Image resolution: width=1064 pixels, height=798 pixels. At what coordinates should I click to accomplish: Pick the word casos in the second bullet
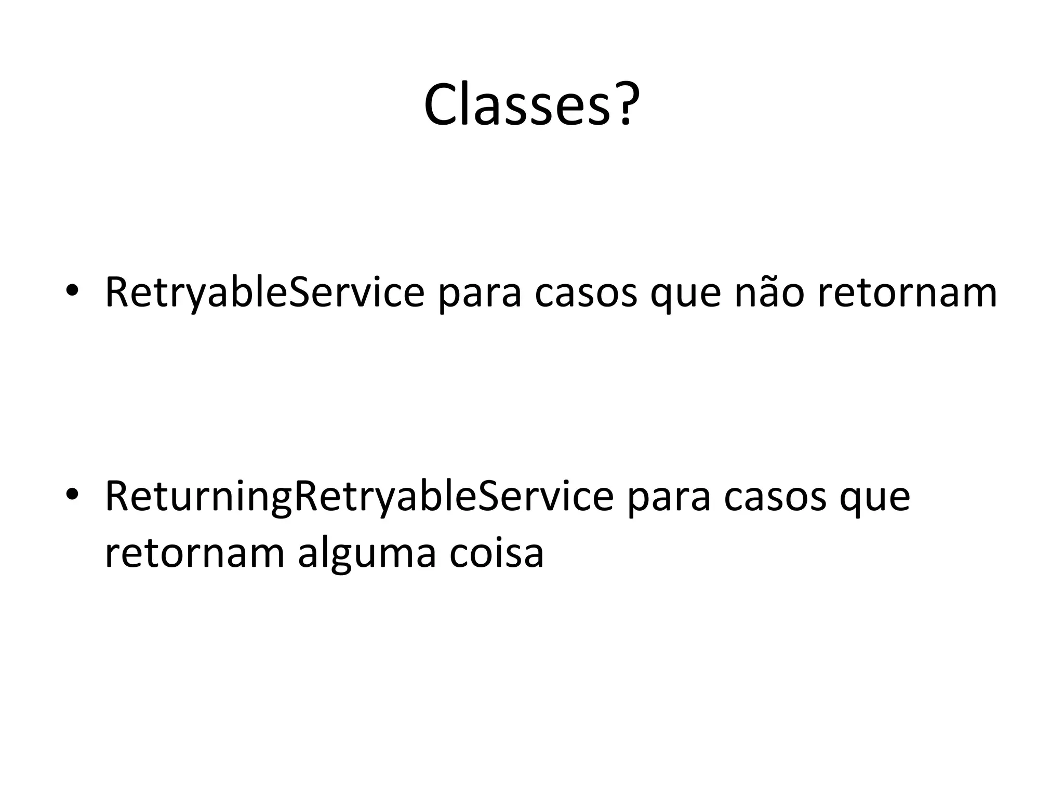pos(775,497)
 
